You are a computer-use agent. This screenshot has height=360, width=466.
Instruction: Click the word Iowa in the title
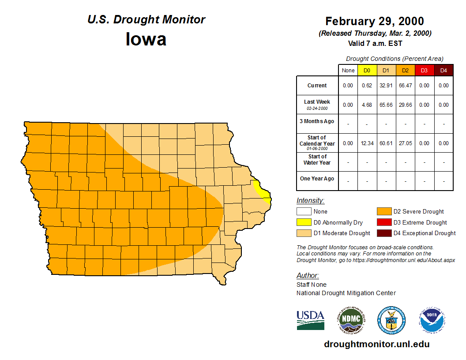pyautogui.click(x=146, y=39)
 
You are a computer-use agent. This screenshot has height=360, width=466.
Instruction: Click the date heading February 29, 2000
pyautogui.click(x=375, y=21)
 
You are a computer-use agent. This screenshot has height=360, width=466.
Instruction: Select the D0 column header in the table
pyautogui.click(x=367, y=71)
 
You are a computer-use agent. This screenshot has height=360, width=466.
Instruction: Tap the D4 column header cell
pyautogui.click(x=443, y=71)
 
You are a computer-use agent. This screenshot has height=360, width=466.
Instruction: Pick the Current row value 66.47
pyautogui.click(x=405, y=86)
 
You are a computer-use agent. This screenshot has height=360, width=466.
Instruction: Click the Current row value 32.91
pyautogui.click(x=386, y=86)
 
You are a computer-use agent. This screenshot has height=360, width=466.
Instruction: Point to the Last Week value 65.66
pyautogui.click(x=386, y=105)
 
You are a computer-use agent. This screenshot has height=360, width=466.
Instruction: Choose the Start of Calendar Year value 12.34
pyautogui.click(x=367, y=143)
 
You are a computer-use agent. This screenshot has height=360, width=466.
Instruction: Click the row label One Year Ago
pyautogui.click(x=317, y=179)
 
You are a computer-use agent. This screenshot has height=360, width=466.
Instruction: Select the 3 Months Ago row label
pyautogui.click(x=317, y=121)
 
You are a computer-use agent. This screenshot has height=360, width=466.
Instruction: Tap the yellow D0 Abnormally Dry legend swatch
pyautogui.click(x=304, y=222)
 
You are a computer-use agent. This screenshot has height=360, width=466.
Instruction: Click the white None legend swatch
pyautogui.click(x=304, y=212)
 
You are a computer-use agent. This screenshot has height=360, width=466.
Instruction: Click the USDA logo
pyautogui.click(x=310, y=320)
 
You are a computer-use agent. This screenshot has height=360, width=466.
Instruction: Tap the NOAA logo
pyautogui.click(x=432, y=320)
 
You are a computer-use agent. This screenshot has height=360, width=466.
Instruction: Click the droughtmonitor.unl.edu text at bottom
pyautogui.click(x=376, y=344)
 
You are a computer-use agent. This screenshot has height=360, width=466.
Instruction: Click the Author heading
pyautogui.click(x=307, y=275)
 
